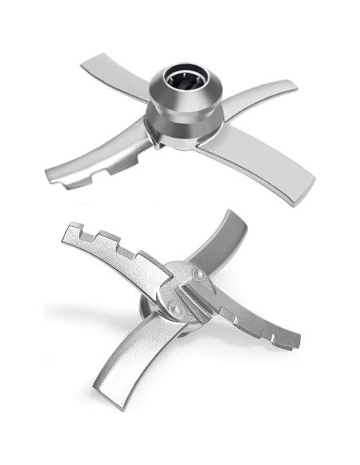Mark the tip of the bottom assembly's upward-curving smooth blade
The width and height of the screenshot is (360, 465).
click(234, 217)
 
